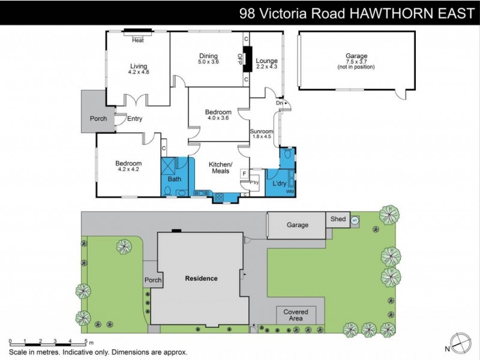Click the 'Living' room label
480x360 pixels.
coord(138,66)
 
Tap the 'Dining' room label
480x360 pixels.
coord(208,56)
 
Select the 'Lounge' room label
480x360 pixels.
coord(266,61)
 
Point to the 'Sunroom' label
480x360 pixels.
coord(262,131)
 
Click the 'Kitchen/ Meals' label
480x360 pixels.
coord(220,167)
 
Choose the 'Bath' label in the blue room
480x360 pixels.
coord(174,179)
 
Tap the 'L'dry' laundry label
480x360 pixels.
coord(279,183)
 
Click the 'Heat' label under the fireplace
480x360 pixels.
coord(138,40)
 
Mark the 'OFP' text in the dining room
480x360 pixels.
coord(239,58)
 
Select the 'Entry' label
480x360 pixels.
coord(134,119)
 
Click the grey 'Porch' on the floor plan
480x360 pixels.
coord(98,118)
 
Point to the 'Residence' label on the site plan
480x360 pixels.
coord(201,278)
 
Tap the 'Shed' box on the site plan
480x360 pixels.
coord(338,219)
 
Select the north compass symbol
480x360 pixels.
coord(461,343)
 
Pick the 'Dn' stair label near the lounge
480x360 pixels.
coord(279,103)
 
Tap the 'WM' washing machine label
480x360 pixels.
coord(290,191)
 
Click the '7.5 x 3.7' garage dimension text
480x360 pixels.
coord(356,62)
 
